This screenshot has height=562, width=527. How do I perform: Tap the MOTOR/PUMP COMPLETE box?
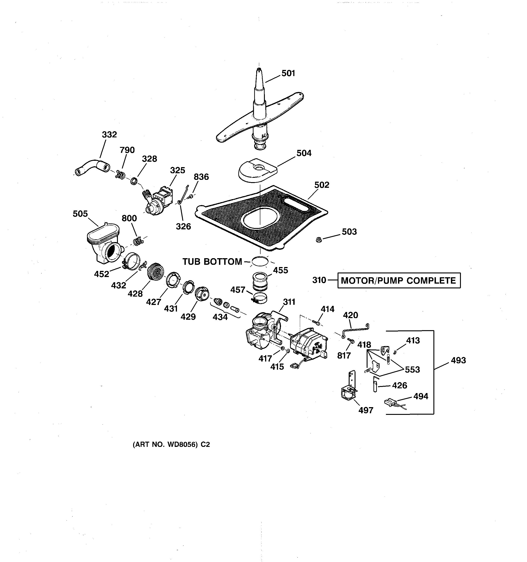pos(399,280)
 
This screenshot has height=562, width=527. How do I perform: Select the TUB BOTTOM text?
pos(212,262)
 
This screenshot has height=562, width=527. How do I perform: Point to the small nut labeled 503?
pos(319,240)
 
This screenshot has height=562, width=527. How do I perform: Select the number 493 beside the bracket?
pos(458,360)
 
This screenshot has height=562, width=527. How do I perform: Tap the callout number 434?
pos(220,317)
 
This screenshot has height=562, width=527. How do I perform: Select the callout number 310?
pos(319,280)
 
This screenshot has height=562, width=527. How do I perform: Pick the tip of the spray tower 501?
pos(259,69)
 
